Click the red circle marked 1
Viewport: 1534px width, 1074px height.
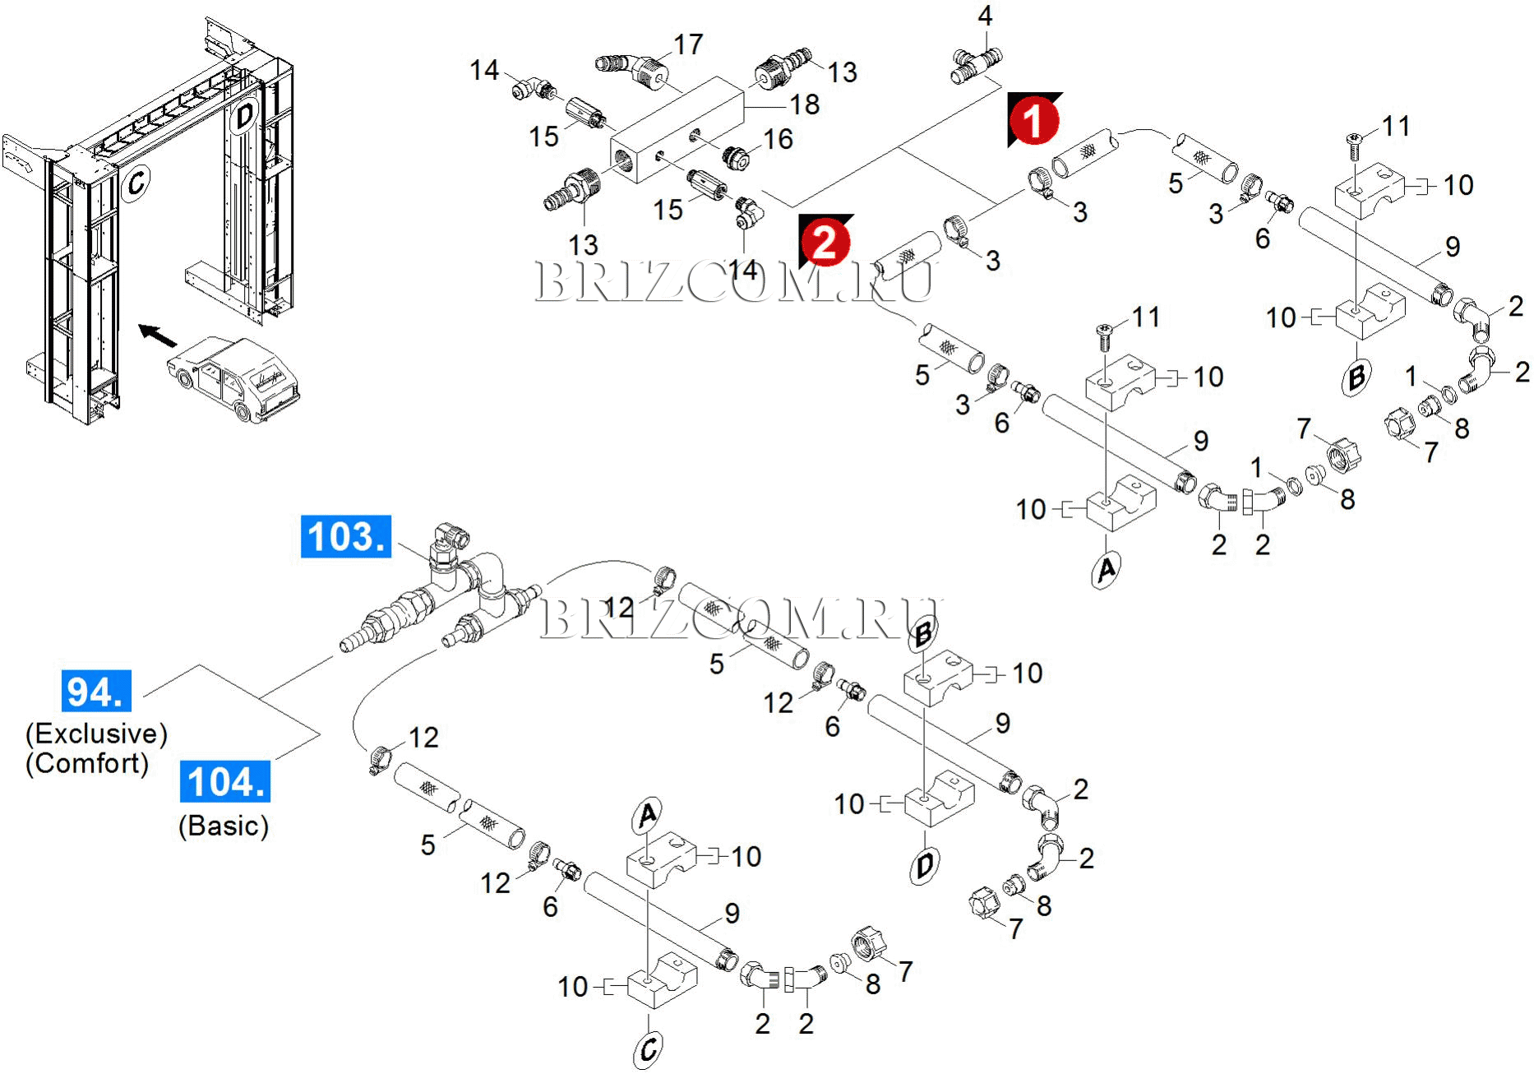point(1033,120)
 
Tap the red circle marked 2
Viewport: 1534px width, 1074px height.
point(825,242)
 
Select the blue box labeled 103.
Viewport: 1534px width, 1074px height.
point(345,537)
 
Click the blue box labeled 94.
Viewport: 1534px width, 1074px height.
point(96,691)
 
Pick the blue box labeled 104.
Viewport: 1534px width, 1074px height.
point(225,781)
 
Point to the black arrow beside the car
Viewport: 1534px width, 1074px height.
point(157,335)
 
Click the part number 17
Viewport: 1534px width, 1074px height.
point(688,44)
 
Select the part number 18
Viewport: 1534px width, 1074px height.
point(804,104)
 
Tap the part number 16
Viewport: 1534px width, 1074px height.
point(778,139)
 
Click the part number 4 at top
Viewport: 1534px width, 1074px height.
point(985,16)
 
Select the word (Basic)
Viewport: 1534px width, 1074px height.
point(224,826)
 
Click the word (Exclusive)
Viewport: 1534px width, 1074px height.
point(97,734)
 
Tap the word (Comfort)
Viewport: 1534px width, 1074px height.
point(87,763)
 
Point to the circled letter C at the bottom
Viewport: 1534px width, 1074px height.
point(648,1049)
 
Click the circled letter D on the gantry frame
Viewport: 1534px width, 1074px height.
point(244,116)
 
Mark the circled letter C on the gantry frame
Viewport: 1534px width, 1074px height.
point(136,182)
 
